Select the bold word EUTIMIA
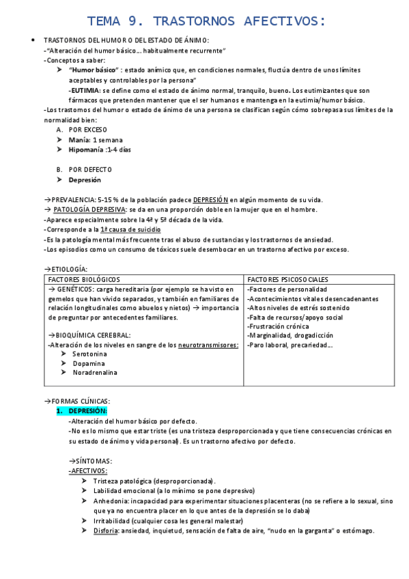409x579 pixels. [85, 90]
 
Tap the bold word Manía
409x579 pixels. [79, 139]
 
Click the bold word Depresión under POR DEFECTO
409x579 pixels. [85, 180]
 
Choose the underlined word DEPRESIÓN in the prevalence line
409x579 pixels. [211, 199]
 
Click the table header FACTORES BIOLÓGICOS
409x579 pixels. [83, 279]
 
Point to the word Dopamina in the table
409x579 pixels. [90, 363]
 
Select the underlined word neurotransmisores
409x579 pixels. [208, 345]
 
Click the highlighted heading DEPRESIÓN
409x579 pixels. [88, 410]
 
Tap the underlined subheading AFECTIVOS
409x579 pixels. [89, 471]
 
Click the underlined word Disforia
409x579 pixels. [106, 531]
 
